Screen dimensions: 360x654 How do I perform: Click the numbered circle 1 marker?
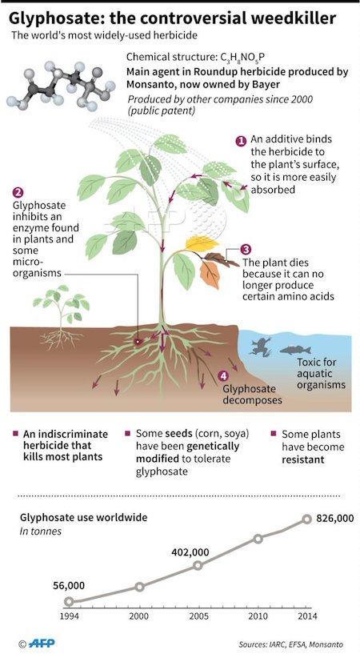tap(241, 141)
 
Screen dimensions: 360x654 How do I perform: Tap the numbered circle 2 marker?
tap(18, 192)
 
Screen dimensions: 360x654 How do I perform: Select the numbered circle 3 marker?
tap(246, 250)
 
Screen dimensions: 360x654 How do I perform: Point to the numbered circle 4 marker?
tap(224, 375)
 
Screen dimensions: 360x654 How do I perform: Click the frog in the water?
tap(258, 346)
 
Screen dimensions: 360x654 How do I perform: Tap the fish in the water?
tap(295, 350)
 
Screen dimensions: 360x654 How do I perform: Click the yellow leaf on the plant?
tap(202, 243)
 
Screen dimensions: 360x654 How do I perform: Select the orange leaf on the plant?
tap(210, 274)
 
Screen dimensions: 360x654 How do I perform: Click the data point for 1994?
tap(69, 601)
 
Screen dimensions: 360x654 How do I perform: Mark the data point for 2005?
tap(198, 566)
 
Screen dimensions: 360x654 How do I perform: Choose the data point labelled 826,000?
tap(306, 519)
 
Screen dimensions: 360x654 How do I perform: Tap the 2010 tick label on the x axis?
tap(258, 616)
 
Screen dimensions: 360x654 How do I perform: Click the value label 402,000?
tap(190, 552)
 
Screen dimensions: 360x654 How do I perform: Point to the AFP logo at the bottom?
tap(42, 643)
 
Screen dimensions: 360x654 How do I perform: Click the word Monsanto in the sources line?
tap(327, 644)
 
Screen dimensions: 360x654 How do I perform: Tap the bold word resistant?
tap(298, 461)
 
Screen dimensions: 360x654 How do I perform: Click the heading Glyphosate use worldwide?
tap(84, 518)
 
